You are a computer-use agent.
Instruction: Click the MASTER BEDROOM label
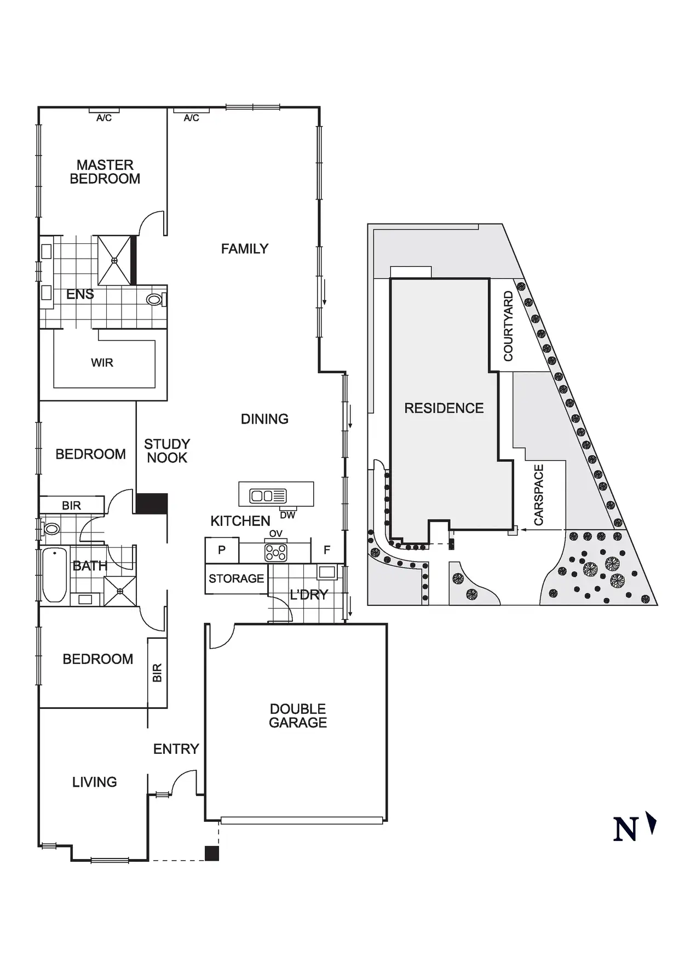click(105, 172)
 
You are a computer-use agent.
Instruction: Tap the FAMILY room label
click(245, 249)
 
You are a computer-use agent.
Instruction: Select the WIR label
click(102, 363)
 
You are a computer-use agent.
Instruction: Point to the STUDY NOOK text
click(167, 451)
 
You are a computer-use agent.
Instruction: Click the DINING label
click(264, 419)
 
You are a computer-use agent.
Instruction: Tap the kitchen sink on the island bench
click(268, 496)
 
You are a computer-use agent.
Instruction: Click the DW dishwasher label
click(287, 516)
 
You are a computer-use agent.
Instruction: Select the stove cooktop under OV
click(275, 553)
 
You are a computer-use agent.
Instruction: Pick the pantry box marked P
click(222, 550)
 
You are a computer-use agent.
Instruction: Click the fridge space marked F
click(327, 550)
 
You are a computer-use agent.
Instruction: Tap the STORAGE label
click(237, 579)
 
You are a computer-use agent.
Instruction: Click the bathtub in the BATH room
click(55, 575)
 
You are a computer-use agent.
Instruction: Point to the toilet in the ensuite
click(156, 300)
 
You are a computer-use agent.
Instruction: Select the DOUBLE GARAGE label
click(298, 716)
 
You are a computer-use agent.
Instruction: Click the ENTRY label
click(176, 749)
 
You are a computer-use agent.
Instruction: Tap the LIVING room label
click(95, 782)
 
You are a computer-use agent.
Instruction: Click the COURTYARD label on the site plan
click(508, 326)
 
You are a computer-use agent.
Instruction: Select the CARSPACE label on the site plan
click(539, 495)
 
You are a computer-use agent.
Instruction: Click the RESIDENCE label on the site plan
click(444, 408)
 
